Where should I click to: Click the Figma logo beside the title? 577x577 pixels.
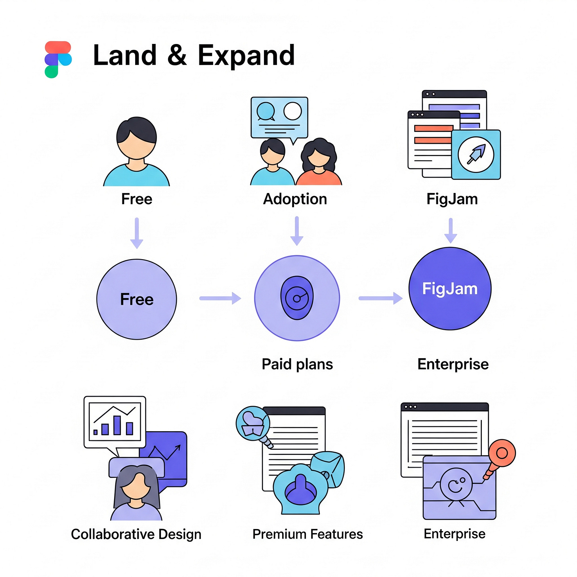coord(58,59)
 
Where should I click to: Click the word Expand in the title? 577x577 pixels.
coord(246,55)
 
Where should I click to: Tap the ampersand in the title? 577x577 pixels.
coord(177,55)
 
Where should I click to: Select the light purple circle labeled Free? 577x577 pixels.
coord(137,299)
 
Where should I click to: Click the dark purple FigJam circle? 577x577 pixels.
coord(450,288)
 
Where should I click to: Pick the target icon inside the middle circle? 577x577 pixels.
coord(297,298)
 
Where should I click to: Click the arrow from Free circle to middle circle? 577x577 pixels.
coord(220,298)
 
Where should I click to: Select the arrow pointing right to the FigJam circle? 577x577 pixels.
coord(380,298)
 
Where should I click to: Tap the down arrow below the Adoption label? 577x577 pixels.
coord(297,231)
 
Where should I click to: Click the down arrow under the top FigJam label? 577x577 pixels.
coord(451,230)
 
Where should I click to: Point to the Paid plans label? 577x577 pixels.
coord(297,364)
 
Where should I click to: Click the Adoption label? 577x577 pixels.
coord(295,199)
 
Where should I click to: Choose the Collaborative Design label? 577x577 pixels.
coord(136,534)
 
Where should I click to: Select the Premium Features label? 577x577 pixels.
coord(308,534)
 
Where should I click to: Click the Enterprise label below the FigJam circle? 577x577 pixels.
coord(453,364)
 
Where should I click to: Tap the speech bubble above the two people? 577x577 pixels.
coord(279,118)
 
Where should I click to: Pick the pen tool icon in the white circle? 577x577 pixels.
coord(476,154)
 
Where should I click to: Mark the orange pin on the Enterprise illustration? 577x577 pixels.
coord(501,454)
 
